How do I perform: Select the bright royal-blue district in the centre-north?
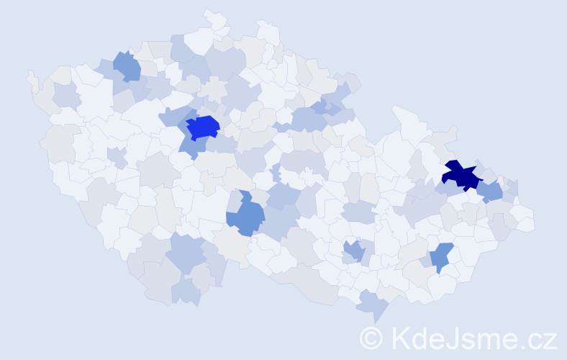coord(202,127)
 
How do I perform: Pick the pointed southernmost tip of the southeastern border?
coord(375,320)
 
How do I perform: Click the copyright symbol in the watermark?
coord(371,338)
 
